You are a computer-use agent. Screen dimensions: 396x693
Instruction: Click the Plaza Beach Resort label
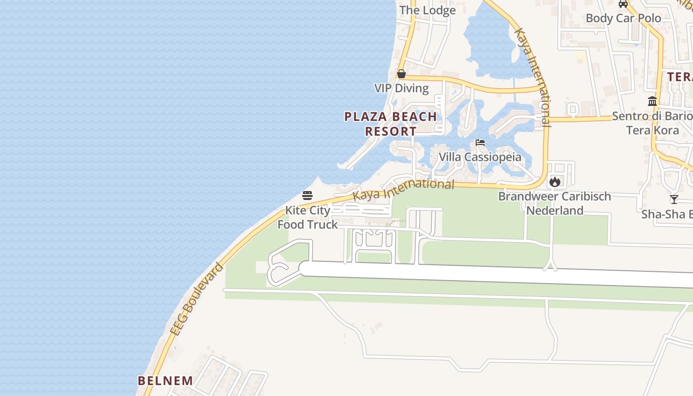391,124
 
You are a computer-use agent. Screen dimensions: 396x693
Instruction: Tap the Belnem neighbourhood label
165,381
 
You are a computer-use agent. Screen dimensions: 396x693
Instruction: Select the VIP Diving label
401,88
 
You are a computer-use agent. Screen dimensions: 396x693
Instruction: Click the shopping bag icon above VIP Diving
401,74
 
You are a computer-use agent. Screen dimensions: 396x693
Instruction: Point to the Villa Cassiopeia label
480,157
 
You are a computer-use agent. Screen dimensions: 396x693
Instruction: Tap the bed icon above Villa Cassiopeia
480,143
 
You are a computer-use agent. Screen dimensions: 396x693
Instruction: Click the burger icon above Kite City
307,195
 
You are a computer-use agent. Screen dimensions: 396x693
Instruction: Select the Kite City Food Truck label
307,217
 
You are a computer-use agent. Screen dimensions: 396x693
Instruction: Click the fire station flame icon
554,182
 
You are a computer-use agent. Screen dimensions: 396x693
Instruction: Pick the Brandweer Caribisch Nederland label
554,203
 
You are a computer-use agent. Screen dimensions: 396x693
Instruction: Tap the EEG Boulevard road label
197,299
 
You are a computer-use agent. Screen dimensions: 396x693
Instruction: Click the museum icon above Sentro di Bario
652,101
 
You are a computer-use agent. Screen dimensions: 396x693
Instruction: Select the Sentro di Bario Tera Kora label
652,123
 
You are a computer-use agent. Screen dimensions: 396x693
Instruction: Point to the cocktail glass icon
674,199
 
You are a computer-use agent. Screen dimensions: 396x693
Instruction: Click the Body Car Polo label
623,18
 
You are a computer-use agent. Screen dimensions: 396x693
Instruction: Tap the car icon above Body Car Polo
623,4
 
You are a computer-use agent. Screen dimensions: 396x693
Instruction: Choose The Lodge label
427,10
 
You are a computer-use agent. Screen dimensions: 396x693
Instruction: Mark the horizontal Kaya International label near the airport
403,189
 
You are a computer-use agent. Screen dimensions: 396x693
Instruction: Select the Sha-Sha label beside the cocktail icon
666,214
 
